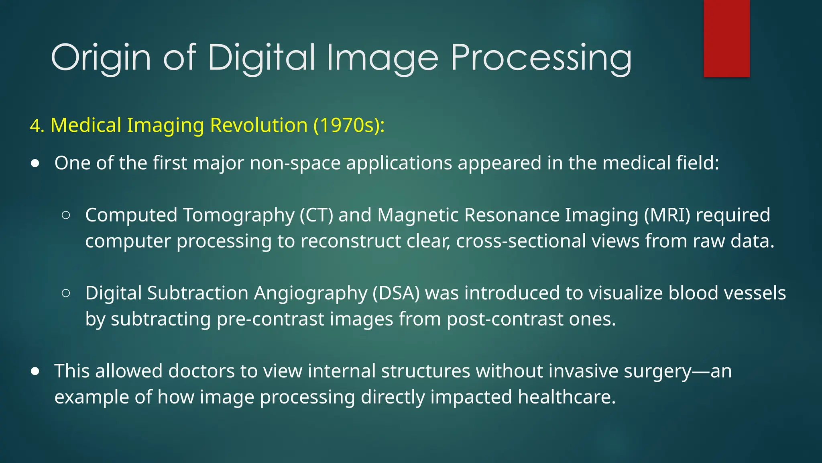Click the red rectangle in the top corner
(x=726, y=38)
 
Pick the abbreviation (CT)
(x=316, y=215)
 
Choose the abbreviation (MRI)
(x=667, y=215)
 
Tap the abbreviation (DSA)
(x=396, y=293)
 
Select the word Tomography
(x=239, y=215)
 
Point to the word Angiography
(x=310, y=293)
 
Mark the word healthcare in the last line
(x=566, y=397)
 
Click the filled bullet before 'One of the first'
(x=35, y=164)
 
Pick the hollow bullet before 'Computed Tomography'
(x=66, y=215)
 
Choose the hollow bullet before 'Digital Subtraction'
(x=66, y=293)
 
